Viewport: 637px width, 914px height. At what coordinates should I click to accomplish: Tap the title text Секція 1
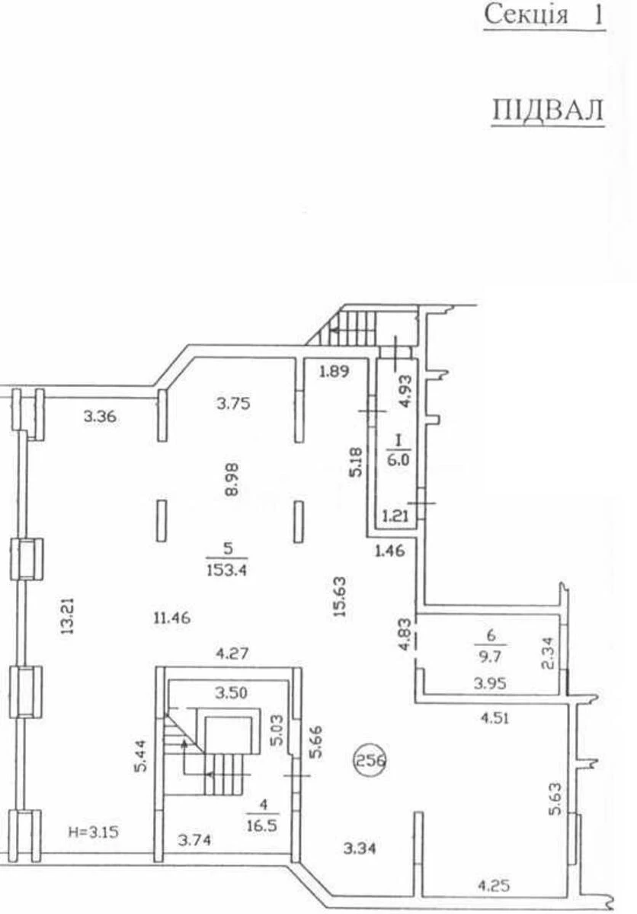pyautogui.click(x=545, y=15)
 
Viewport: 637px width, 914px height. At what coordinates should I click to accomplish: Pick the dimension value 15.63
pyautogui.click(x=341, y=594)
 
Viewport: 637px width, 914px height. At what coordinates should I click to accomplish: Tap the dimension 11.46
pyautogui.click(x=169, y=618)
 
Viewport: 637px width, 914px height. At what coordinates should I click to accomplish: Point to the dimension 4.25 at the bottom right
pyautogui.click(x=493, y=885)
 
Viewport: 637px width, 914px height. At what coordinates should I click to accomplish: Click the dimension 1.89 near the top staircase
pyautogui.click(x=334, y=372)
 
